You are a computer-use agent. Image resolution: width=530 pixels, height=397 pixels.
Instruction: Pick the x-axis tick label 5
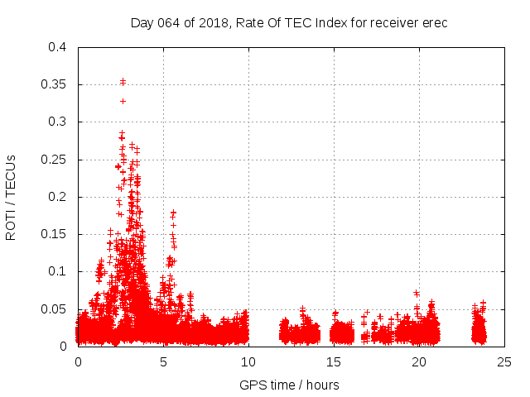click(163, 361)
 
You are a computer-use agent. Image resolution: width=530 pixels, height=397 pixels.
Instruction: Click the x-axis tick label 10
click(248, 361)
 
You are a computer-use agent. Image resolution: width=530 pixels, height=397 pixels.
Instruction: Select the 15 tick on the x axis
click(334, 361)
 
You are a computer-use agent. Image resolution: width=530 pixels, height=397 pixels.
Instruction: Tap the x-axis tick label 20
click(419, 361)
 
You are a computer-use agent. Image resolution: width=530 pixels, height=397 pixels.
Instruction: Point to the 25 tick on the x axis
click(504, 361)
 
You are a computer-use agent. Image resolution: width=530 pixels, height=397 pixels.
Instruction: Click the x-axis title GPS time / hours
click(289, 385)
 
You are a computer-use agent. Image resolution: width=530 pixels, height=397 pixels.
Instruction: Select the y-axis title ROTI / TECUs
click(11, 197)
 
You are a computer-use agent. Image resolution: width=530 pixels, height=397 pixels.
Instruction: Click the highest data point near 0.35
click(123, 81)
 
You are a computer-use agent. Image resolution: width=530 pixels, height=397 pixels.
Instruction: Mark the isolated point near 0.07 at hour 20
click(416, 293)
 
